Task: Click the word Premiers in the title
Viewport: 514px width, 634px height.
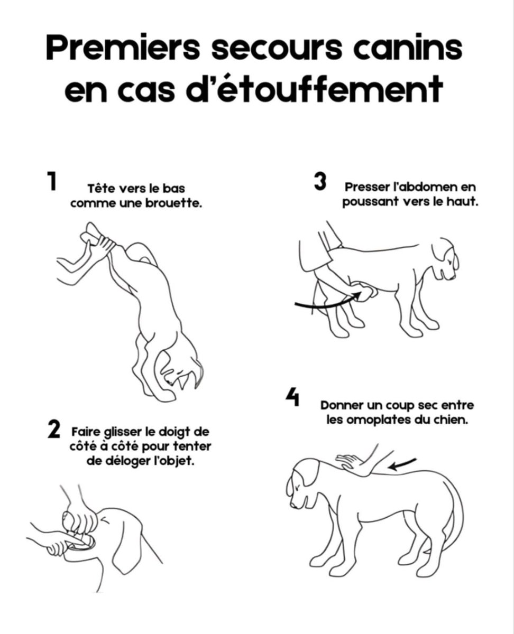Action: click(123, 49)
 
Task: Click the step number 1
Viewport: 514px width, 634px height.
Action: click(52, 181)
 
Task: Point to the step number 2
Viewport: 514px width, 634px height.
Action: click(54, 429)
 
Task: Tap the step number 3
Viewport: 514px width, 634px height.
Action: click(320, 181)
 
